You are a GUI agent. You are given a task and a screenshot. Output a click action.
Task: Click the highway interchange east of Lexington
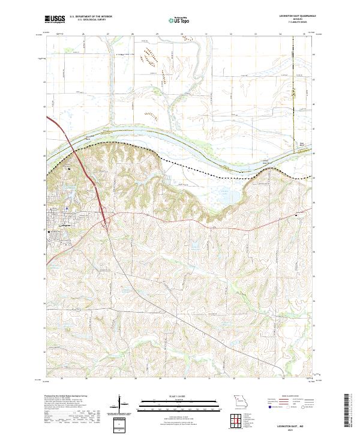pos(106,224)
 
